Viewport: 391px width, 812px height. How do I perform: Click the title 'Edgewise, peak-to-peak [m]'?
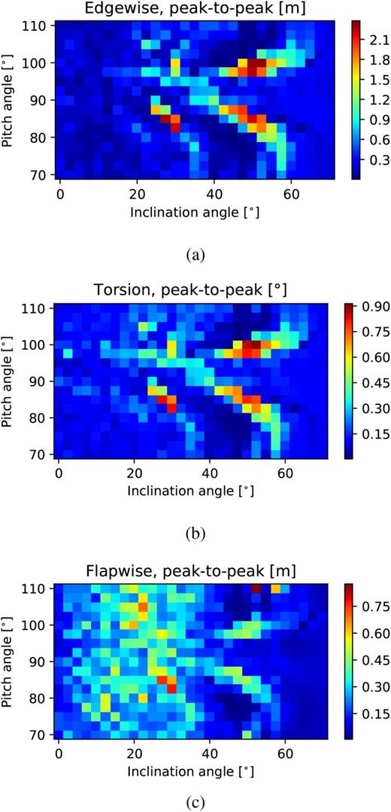pyautogui.click(x=192, y=9)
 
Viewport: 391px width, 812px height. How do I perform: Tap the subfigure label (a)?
pyautogui.click(x=195, y=255)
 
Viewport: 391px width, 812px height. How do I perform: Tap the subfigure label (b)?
pyautogui.click(x=195, y=535)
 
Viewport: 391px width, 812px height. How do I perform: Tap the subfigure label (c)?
pyautogui.click(x=195, y=801)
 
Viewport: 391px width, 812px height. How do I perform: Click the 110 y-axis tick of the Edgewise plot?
pyautogui.click(x=39, y=26)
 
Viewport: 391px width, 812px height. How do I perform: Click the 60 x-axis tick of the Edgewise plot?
pyautogui.click(x=285, y=187)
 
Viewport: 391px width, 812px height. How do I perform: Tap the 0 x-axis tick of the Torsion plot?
pyautogui.click(x=59, y=467)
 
